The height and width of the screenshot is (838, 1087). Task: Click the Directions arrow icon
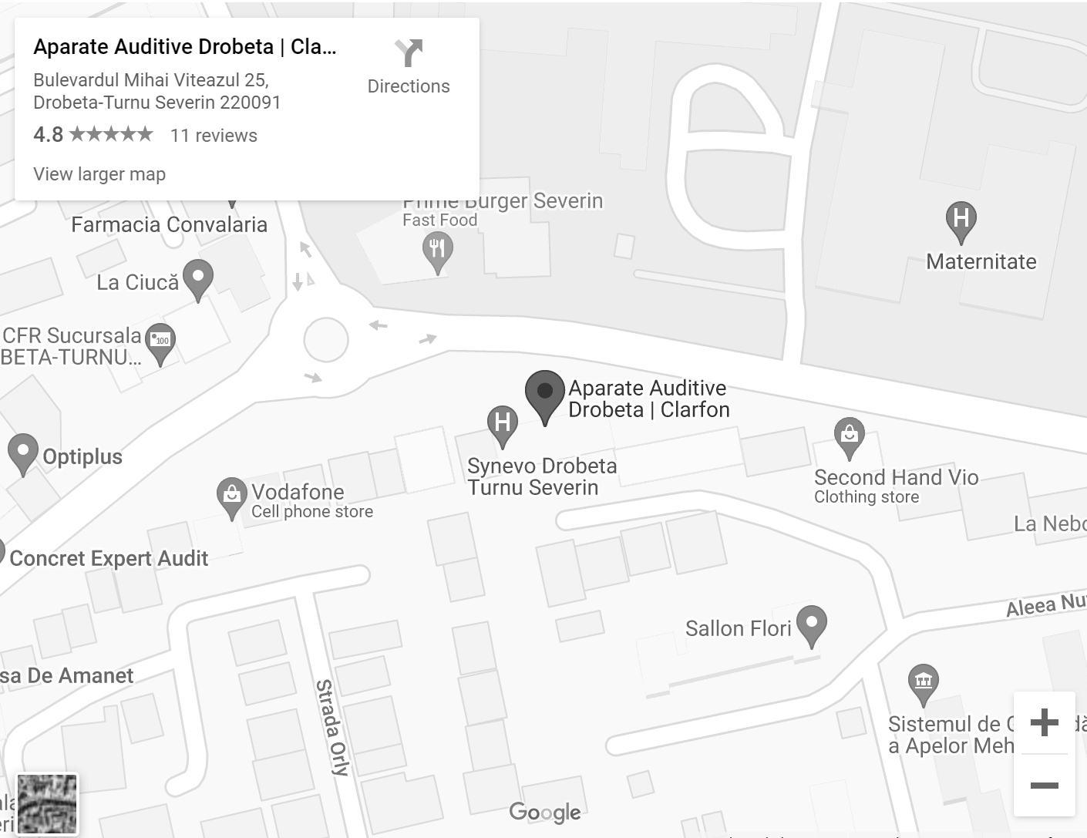(x=409, y=53)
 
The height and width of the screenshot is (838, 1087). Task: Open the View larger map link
(x=99, y=174)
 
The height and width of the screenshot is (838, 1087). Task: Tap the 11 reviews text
(x=214, y=136)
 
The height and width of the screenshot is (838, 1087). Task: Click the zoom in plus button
(x=1044, y=722)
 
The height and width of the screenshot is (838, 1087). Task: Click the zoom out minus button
(x=1044, y=786)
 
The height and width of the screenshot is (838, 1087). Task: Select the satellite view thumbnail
(x=47, y=804)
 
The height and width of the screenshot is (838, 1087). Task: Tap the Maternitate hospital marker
(x=961, y=220)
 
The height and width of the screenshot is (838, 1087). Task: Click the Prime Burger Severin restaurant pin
(x=437, y=251)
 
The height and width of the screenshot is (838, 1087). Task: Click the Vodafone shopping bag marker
(x=231, y=495)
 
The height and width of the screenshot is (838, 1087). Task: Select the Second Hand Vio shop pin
(x=849, y=436)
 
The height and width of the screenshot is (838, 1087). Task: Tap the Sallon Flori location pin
(x=811, y=624)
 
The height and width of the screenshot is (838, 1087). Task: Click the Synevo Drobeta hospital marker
(x=503, y=423)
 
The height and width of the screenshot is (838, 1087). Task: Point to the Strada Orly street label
(x=333, y=727)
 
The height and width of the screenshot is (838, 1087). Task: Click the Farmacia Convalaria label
(x=169, y=225)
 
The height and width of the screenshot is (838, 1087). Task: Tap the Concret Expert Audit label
(x=109, y=558)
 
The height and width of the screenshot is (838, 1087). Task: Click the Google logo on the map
(x=545, y=812)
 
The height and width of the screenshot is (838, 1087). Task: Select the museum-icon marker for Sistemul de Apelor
(x=923, y=682)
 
